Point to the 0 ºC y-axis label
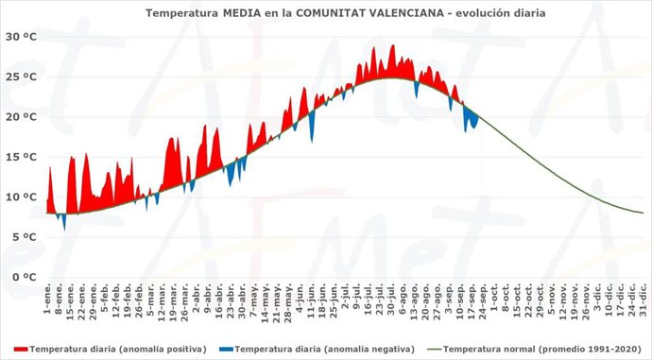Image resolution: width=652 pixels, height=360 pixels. (x=22, y=277)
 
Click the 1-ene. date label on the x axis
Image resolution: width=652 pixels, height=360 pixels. (x=47, y=298)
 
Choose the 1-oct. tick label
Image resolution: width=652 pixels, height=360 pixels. (x=493, y=298)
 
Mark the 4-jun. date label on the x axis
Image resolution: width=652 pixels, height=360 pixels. (x=300, y=298)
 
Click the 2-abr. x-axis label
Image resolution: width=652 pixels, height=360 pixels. (x=196, y=298)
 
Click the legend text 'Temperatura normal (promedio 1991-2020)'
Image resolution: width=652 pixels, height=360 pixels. (x=538, y=349)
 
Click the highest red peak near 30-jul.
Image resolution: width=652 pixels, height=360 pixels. (x=392, y=45)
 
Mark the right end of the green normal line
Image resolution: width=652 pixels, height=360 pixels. (x=643, y=213)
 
